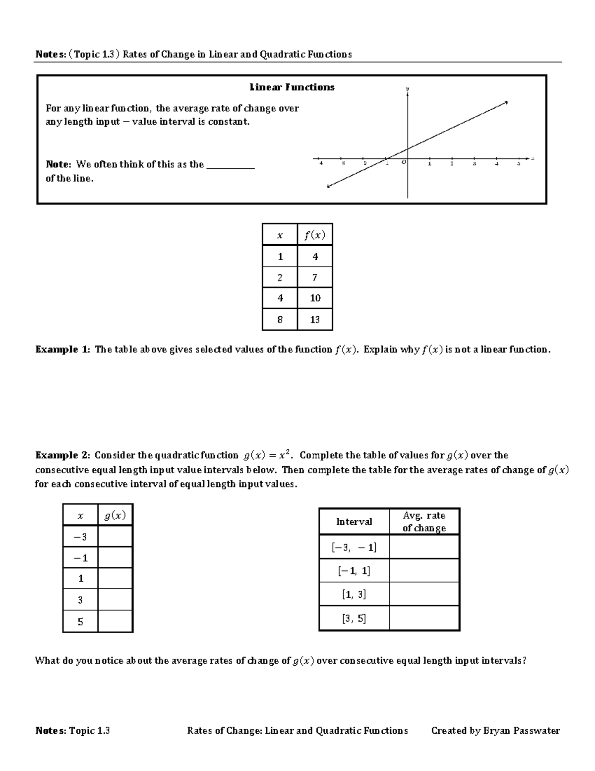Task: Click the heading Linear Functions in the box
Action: pos(292,87)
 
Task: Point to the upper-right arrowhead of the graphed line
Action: pos(506,102)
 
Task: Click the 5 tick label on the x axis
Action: pos(519,164)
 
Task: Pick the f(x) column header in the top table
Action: pos(315,235)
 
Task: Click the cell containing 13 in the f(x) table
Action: pos(315,320)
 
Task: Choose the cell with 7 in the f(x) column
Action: pos(315,278)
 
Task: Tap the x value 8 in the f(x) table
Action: pos(280,320)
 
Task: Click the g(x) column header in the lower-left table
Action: pos(115,516)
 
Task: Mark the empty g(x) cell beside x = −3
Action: pos(115,537)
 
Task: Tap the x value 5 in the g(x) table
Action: pos(80,622)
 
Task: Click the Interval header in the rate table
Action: pos(354,522)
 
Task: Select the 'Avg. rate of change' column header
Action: pos(424,522)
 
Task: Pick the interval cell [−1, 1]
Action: pos(354,571)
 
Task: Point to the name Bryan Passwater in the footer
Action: pos(521,730)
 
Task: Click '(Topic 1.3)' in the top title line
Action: pos(94,54)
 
